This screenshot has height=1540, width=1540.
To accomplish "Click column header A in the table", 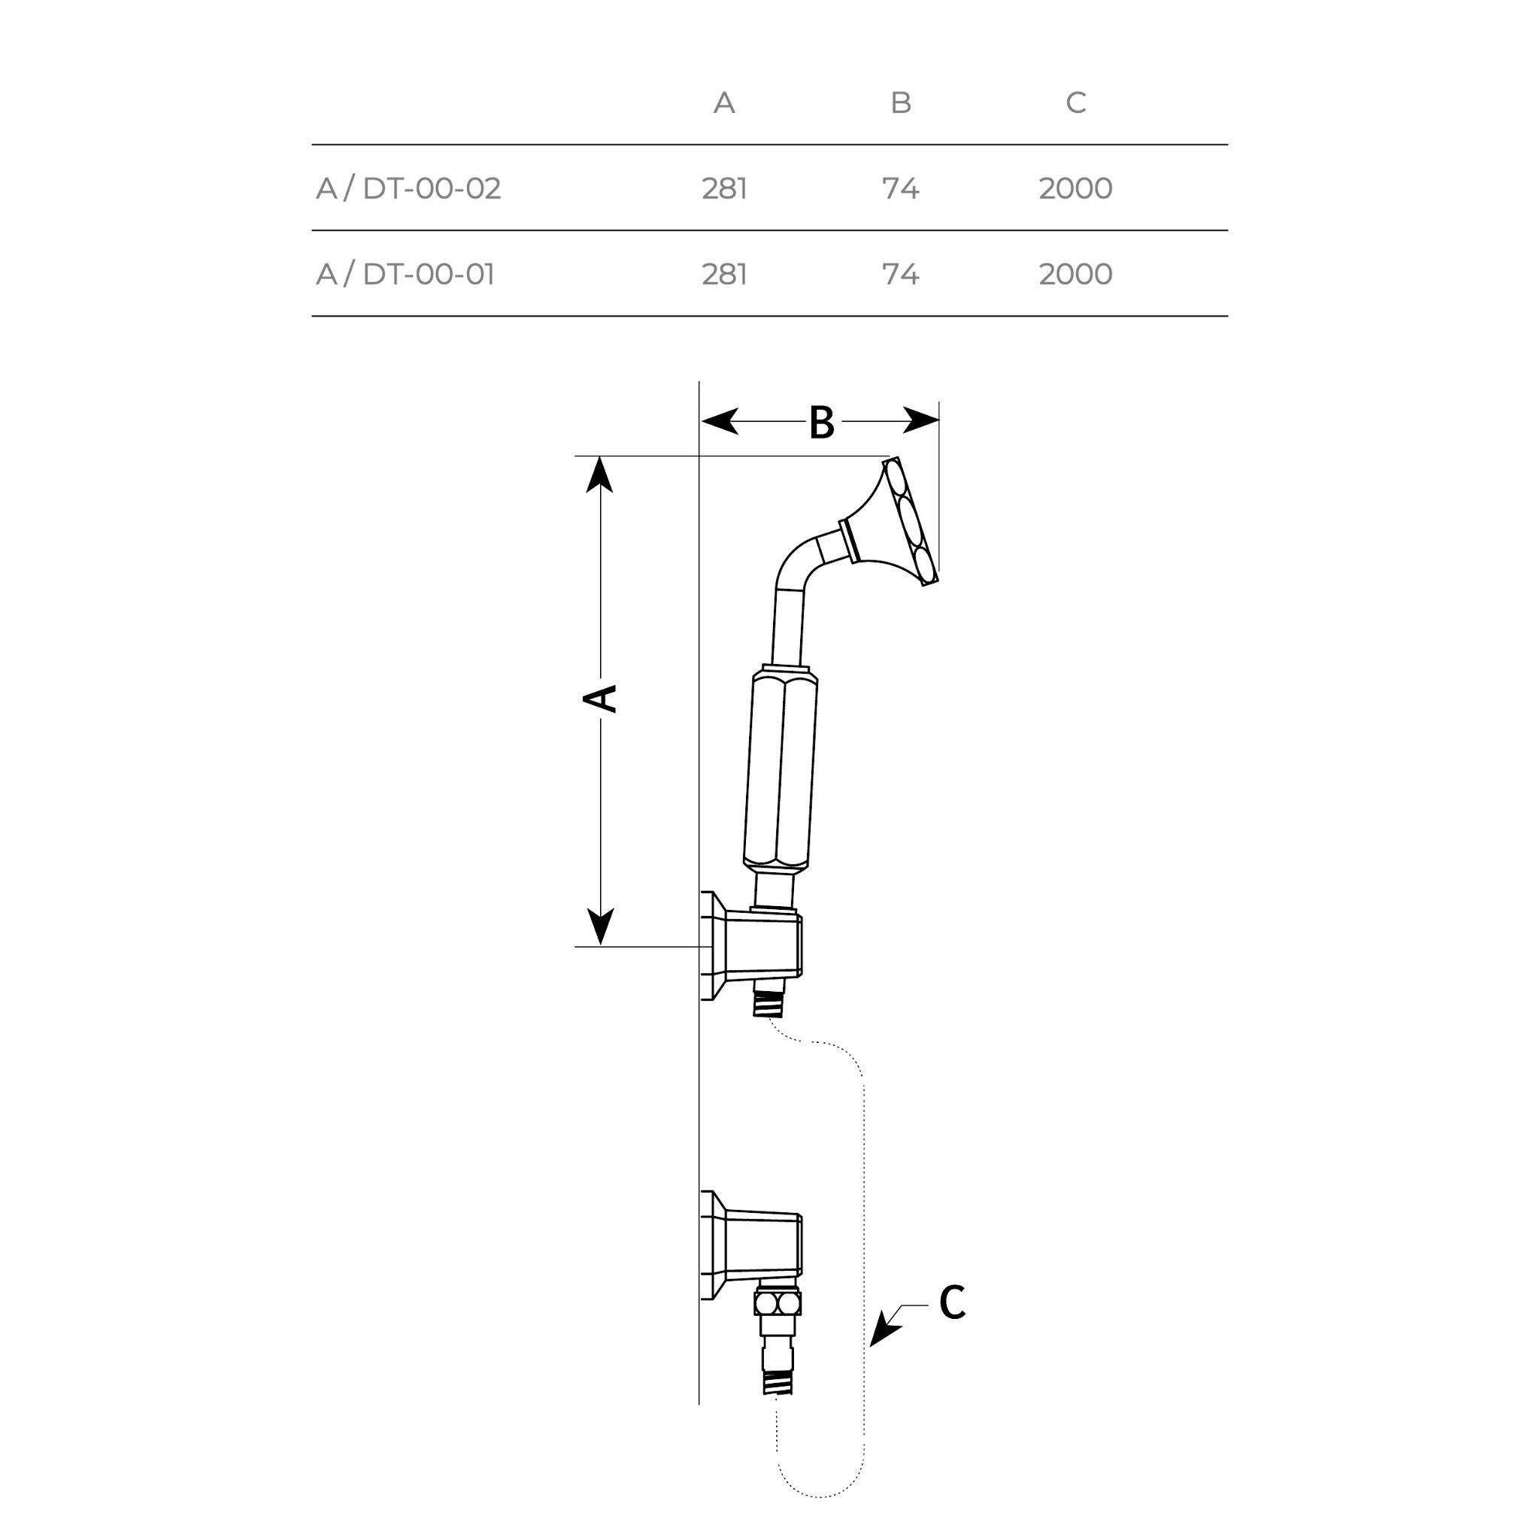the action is pos(724,103).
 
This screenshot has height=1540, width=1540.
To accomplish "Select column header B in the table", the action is pos(901,103).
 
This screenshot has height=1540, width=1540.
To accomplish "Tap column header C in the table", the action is pos(1076,103).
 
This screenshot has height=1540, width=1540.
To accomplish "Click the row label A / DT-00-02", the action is pos(408,189).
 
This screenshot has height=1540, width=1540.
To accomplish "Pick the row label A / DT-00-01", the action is pos(405,274).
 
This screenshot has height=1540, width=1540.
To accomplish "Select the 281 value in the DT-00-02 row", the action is pos(725,189).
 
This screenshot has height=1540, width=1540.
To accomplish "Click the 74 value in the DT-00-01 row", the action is pos(901,274).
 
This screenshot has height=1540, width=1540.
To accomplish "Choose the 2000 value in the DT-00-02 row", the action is pos(1075,189).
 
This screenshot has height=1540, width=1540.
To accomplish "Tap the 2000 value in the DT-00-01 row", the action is pos(1075,274).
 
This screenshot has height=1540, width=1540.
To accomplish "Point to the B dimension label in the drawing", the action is pos(822,423).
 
